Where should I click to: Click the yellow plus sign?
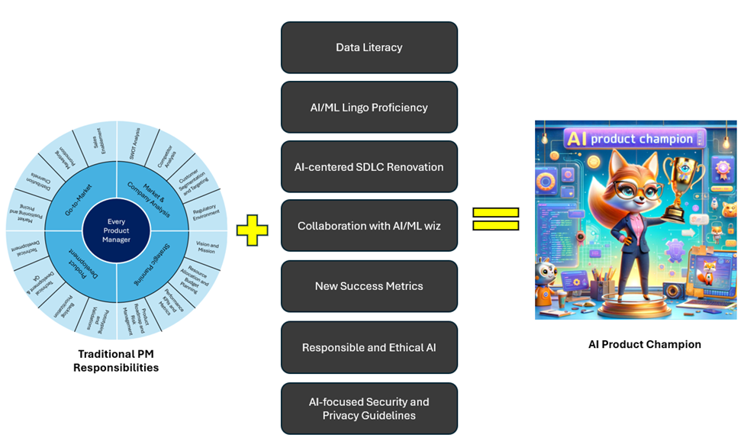(252, 230)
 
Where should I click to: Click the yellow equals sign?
(496, 219)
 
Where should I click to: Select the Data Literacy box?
(369, 47)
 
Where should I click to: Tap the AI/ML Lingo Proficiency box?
(369, 108)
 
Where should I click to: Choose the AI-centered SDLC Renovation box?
(369, 166)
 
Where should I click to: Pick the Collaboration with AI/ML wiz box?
(369, 226)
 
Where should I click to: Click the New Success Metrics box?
(369, 286)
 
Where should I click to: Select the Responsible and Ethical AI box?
(369, 347)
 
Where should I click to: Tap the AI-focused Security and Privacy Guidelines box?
(369, 408)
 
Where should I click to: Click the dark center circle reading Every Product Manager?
(117, 230)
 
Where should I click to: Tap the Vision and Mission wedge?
(207, 247)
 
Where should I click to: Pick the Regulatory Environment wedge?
(205, 210)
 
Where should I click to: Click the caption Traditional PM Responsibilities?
(116, 361)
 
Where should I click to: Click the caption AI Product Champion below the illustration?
(644, 344)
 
